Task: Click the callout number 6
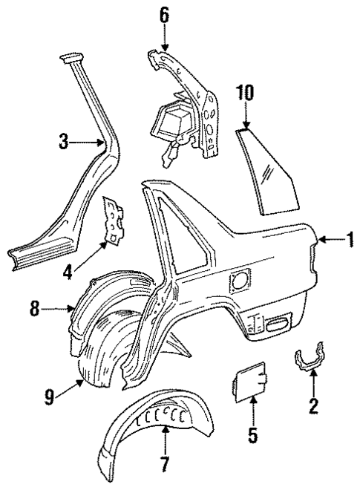pos(165,13)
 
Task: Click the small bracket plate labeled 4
pos(114,220)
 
